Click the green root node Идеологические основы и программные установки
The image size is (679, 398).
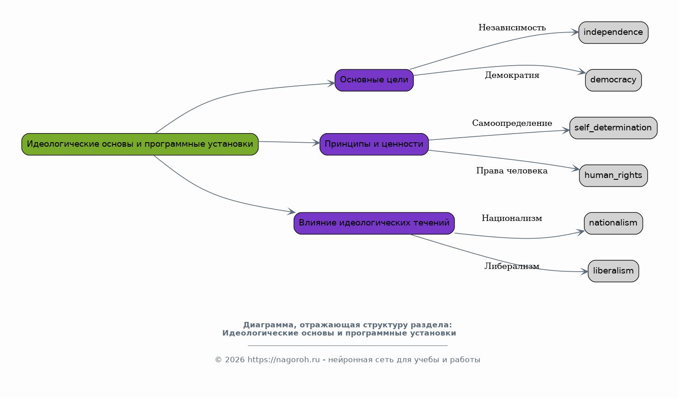[x=140, y=144]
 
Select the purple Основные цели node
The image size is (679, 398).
[x=374, y=80]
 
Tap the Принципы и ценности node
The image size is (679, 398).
[x=374, y=144]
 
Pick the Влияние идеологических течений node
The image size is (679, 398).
[x=374, y=223]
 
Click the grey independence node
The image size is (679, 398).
[x=613, y=33]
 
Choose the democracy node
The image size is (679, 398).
[x=613, y=80]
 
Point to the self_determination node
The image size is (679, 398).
[x=613, y=128]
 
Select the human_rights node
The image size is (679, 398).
[x=613, y=176]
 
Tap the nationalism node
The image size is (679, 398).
[x=613, y=223]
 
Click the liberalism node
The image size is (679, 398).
[x=613, y=271]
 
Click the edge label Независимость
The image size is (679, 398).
[x=512, y=28]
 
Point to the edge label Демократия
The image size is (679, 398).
[x=512, y=75]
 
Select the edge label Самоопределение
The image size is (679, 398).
[x=512, y=123]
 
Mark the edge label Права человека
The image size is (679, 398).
[x=512, y=171]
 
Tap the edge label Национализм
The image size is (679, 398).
[x=512, y=218]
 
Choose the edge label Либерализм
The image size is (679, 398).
[x=512, y=266]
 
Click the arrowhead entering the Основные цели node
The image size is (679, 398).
[x=331, y=83]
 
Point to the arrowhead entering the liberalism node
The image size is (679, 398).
[x=584, y=272]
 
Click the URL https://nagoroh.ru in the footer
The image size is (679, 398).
[x=283, y=360]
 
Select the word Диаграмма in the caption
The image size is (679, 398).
[x=268, y=325]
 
